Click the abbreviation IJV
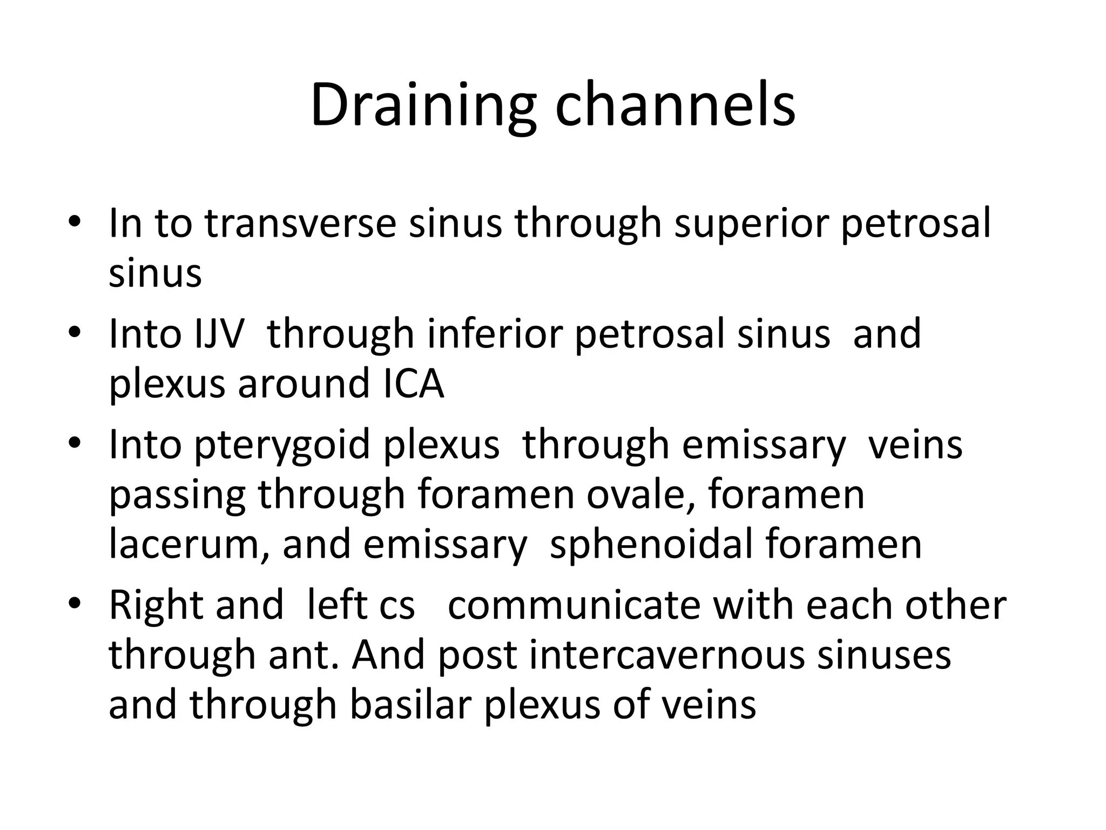[219, 334]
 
